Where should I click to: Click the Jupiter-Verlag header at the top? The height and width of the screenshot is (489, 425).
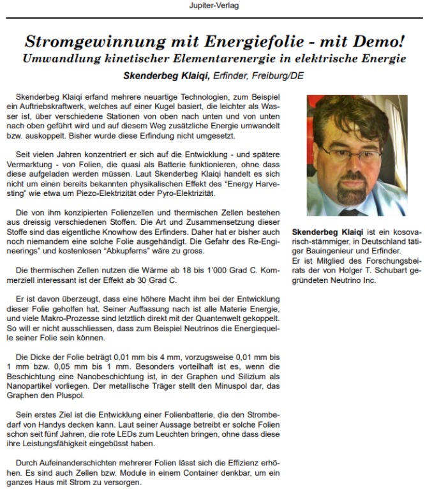[x=212, y=6]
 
